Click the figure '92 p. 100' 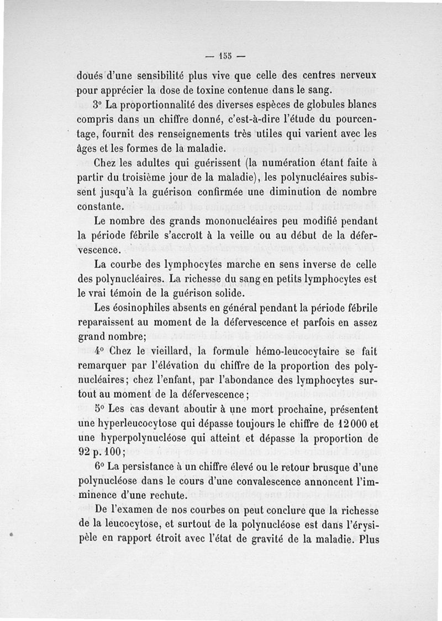click(99, 454)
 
